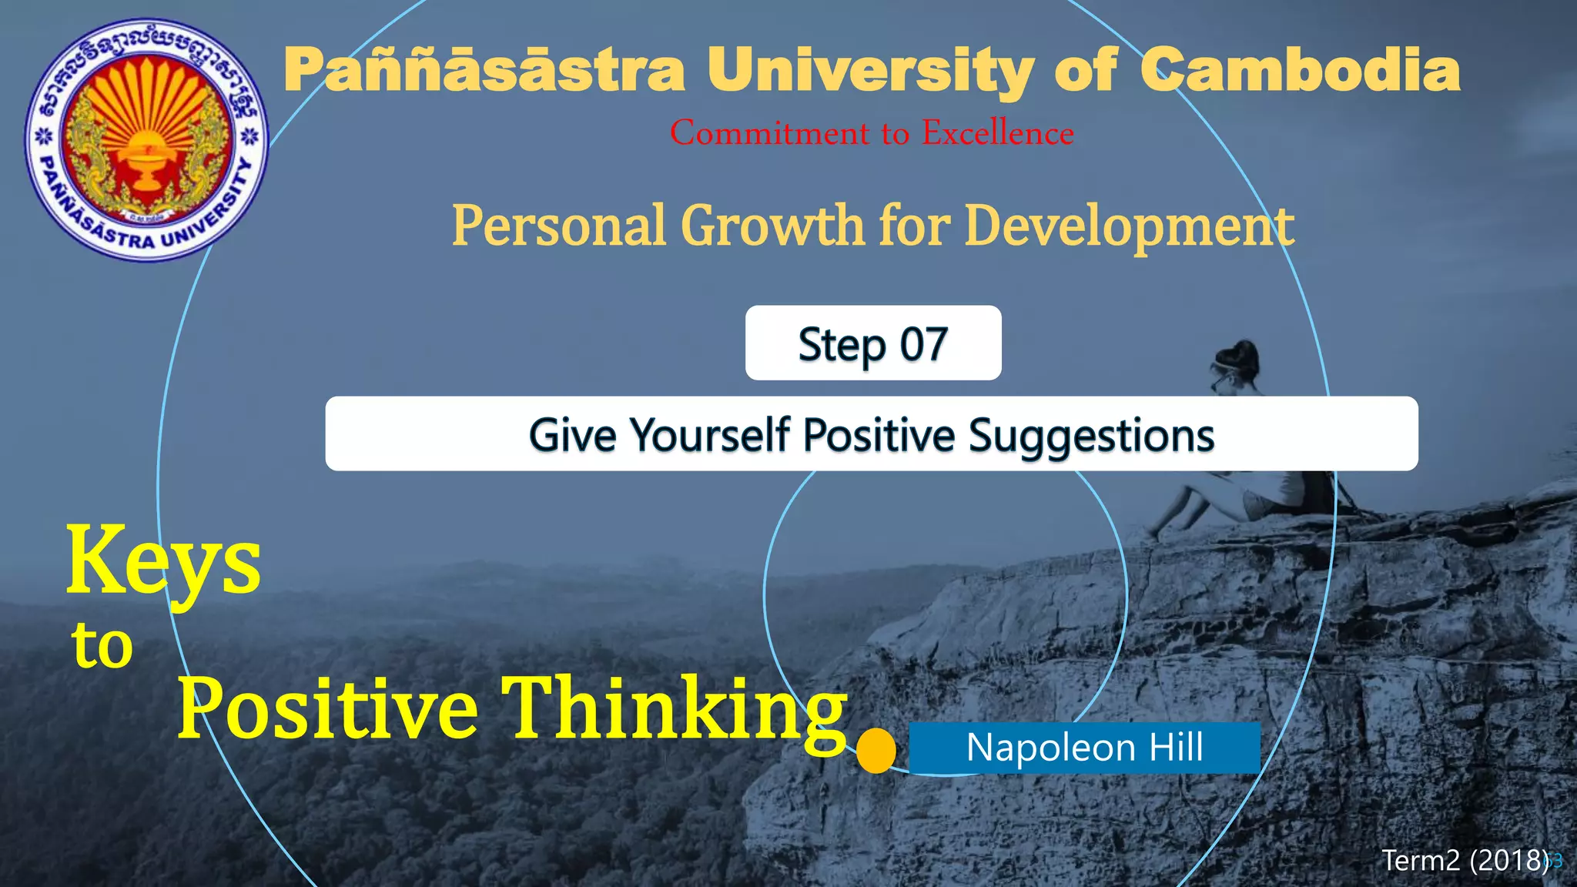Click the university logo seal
pyautogui.click(x=146, y=139)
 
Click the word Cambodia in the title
pyautogui.click(x=1299, y=71)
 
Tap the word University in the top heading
pyautogui.click(x=870, y=71)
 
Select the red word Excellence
pyautogui.click(x=998, y=133)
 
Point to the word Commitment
pyautogui.click(x=770, y=133)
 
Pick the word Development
pyautogui.click(x=1129, y=226)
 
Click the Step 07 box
pyautogui.click(x=873, y=343)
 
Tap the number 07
pyautogui.click(x=923, y=344)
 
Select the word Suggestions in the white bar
pyautogui.click(x=1091, y=435)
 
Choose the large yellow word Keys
pyautogui.click(x=163, y=561)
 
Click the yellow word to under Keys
pyautogui.click(x=102, y=645)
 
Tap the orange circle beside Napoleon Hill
pyautogui.click(x=876, y=750)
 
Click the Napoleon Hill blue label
pyautogui.click(x=1084, y=748)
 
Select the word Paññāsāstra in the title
pyautogui.click(x=484, y=71)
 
